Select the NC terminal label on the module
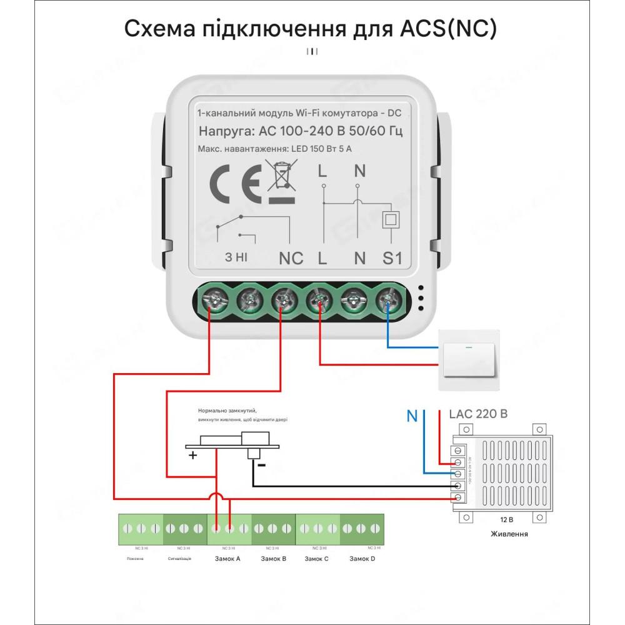point(291,257)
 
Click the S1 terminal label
point(392,257)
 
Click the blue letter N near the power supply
point(412,416)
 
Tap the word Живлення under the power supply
point(509,534)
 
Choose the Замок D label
point(362,558)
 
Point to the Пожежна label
point(134,558)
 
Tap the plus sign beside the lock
point(193,456)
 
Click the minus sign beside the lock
point(262,465)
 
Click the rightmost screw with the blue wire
point(387,301)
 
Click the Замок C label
point(317,558)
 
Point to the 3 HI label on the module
point(237,257)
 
